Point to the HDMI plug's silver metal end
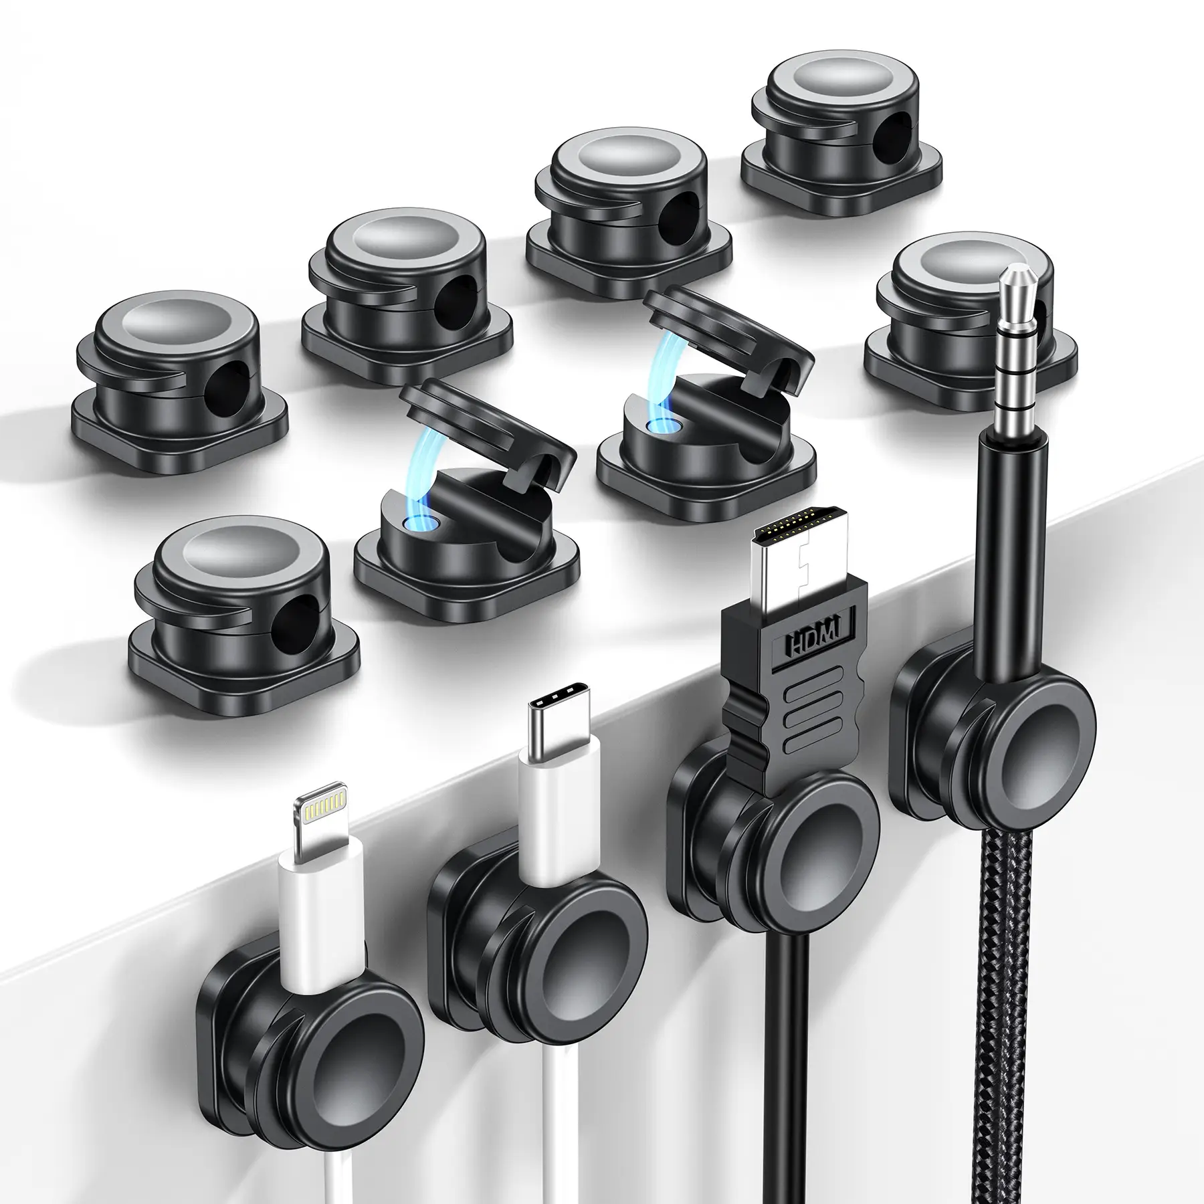coord(796,552)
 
